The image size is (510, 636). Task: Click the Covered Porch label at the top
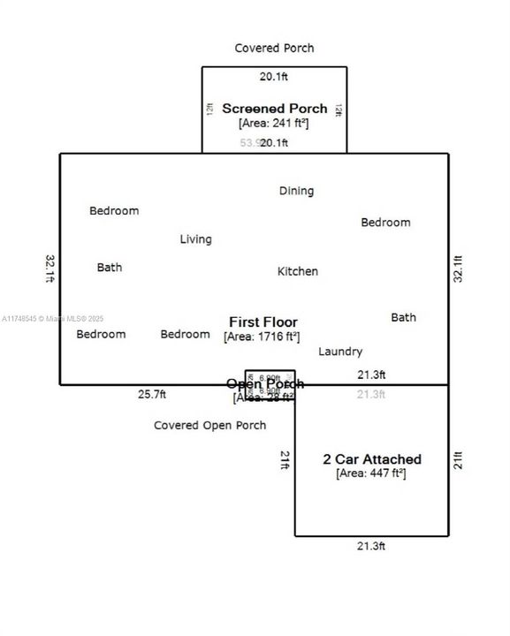tap(274, 48)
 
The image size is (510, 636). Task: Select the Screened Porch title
tap(274, 109)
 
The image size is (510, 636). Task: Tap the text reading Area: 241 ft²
tap(274, 124)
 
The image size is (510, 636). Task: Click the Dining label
tap(296, 191)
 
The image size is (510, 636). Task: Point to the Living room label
tap(195, 239)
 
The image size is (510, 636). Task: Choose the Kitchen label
tap(298, 271)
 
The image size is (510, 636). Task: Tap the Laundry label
tap(340, 352)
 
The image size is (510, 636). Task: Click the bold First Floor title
tap(263, 322)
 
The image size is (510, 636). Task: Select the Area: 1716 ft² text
tap(263, 337)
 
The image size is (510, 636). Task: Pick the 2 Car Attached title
tap(371, 459)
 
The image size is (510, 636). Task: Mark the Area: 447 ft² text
tap(371, 473)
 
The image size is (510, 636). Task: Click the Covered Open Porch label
tap(209, 426)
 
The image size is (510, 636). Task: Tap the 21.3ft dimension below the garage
tap(371, 547)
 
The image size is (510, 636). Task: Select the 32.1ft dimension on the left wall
tap(49, 268)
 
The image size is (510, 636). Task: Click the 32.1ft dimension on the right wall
tap(458, 268)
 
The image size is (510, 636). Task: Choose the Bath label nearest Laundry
tap(403, 317)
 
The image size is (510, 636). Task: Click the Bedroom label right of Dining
tap(385, 223)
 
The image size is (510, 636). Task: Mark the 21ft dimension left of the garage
tap(285, 459)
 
